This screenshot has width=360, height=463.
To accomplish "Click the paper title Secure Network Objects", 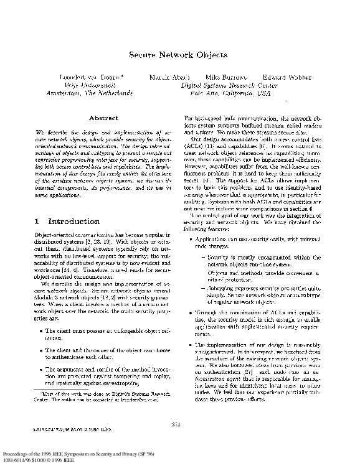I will click(x=178, y=55).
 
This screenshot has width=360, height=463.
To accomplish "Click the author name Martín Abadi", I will click(x=165, y=77).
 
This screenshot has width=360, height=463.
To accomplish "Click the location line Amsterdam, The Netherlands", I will click(x=89, y=93).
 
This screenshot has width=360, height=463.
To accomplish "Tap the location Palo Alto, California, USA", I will click(x=229, y=93).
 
